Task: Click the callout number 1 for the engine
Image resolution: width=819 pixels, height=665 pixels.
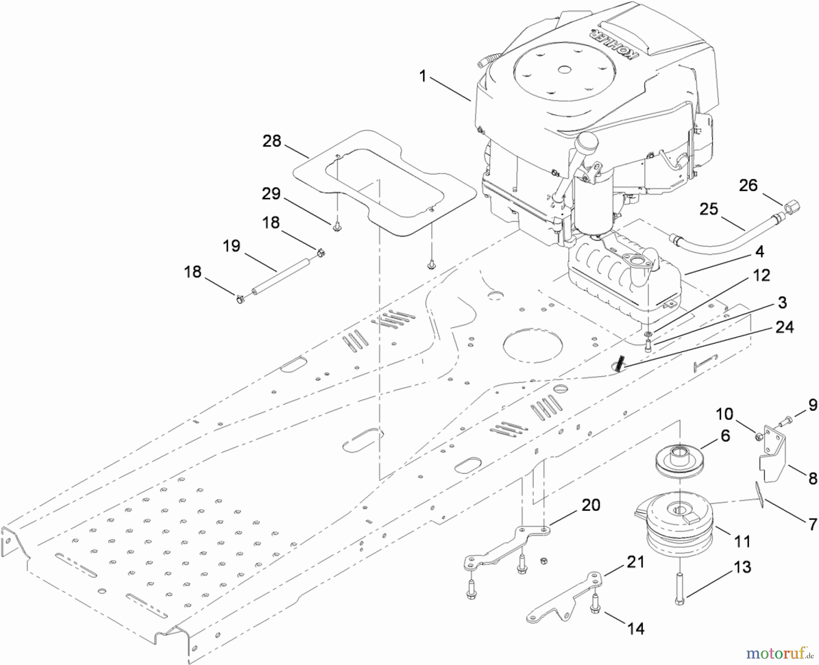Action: click(x=423, y=76)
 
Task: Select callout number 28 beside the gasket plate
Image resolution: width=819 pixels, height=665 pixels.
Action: click(x=272, y=141)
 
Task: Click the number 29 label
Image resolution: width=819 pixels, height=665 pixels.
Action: click(x=271, y=194)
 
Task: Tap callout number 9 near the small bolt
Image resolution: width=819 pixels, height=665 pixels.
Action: click(x=812, y=405)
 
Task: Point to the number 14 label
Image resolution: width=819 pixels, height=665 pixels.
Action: click(x=636, y=629)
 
